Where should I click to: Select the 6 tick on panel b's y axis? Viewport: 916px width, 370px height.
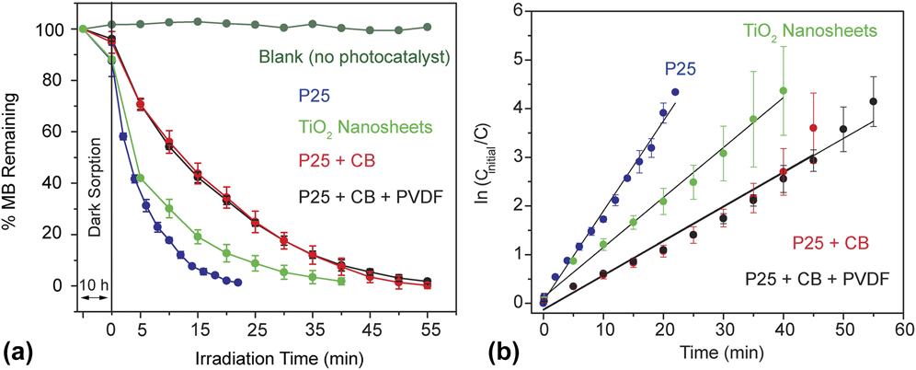coord(526,11)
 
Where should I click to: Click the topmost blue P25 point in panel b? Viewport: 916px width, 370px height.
coord(675,92)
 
